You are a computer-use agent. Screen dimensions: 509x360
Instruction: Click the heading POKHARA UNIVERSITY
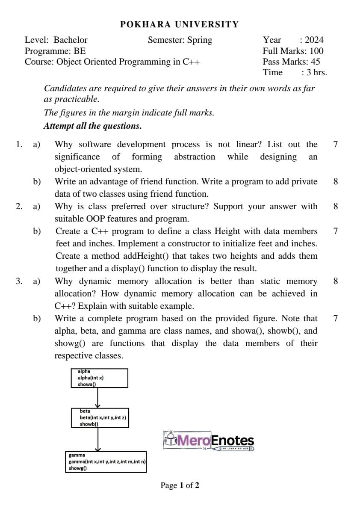(180, 24)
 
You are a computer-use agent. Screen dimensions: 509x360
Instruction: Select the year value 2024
(314, 40)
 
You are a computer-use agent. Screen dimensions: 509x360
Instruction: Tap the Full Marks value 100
(316, 51)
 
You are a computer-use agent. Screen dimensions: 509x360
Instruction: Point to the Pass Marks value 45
(315, 62)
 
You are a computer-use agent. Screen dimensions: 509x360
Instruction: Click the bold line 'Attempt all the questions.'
(92, 126)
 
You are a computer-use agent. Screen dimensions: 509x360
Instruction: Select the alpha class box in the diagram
(100, 378)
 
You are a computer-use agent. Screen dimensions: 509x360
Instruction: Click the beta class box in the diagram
(100, 417)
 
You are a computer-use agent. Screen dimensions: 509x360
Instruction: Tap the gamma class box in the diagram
(106, 462)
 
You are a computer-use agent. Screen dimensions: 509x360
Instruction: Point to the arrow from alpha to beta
(98, 398)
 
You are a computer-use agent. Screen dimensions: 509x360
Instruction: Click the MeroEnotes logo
(209, 441)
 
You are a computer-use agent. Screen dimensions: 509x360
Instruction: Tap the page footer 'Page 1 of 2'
(180, 485)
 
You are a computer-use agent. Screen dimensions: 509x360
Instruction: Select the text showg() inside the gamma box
(77, 468)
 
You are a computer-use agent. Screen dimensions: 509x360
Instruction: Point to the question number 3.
(19, 281)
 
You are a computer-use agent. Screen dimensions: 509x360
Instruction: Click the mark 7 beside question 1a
(335, 144)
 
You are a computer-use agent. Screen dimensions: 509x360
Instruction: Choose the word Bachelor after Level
(71, 40)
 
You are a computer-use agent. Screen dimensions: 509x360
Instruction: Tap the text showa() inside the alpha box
(86, 384)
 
